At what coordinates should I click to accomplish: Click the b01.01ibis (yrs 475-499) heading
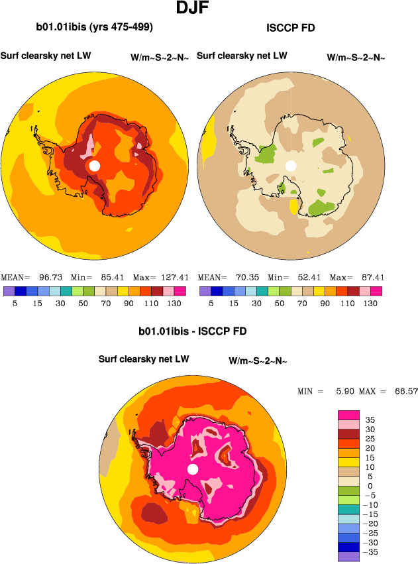coord(95,27)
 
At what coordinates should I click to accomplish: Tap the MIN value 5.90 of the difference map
coord(344,392)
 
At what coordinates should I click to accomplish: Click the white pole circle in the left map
coord(95,166)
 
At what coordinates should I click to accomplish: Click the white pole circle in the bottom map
coord(193,469)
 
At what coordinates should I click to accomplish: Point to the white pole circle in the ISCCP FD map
coord(290,166)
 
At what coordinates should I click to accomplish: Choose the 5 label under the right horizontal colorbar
coord(211,303)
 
